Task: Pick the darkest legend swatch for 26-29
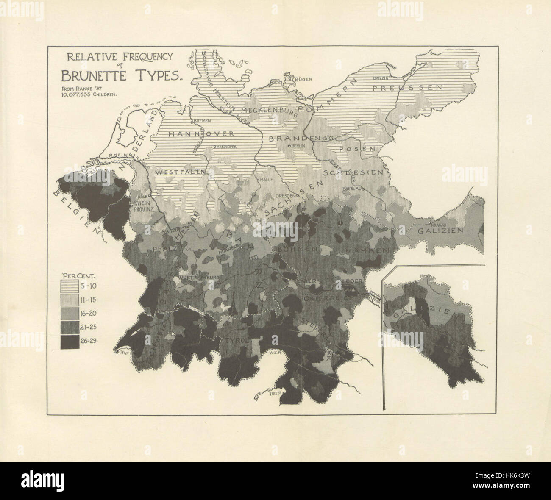[x=72, y=342]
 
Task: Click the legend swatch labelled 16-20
[x=72, y=314]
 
